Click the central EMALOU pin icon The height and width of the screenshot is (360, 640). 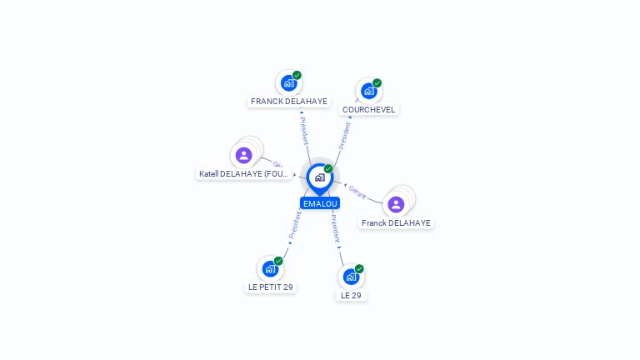(x=319, y=177)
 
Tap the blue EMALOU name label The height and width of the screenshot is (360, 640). (x=320, y=203)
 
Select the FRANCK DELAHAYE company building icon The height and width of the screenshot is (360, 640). (x=288, y=83)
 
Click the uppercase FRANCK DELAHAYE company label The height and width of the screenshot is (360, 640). (x=289, y=102)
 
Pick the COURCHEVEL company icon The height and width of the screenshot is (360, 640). (x=368, y=91)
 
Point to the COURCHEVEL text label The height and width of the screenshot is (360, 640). (x=369, y=110)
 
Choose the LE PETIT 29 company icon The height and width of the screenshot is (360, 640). (x=270, y=268)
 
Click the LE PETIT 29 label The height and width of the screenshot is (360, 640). (x=271, y=287)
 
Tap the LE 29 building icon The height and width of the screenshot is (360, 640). (x=351, y=276)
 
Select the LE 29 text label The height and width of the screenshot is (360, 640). (x=351, y=295)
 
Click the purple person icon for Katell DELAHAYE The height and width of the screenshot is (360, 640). (x=243, y=155)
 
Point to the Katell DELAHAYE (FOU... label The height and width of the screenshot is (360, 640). (x=244, y=174)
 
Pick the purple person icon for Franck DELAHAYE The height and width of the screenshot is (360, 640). (x=396, y=204)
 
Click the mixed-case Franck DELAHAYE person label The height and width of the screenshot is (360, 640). (x=397, y=223)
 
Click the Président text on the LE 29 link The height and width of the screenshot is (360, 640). (x=334, y=227)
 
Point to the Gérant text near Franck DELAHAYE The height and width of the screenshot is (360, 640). (x=357, y=191)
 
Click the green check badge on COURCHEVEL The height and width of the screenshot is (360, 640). (x=377, y=83)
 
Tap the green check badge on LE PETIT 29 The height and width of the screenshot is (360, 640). (x=278, y=261)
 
